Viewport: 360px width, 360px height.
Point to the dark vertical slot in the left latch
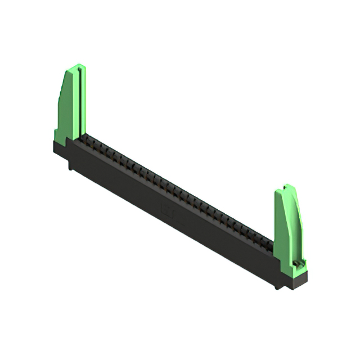[x=83, y=101]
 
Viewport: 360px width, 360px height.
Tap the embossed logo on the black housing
[x=169, y=213]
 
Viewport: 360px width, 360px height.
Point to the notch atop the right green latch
[x=287, y=187]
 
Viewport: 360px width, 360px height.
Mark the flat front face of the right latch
[x=281, y=225]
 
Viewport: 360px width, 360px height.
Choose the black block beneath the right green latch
[x=292, y=277]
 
